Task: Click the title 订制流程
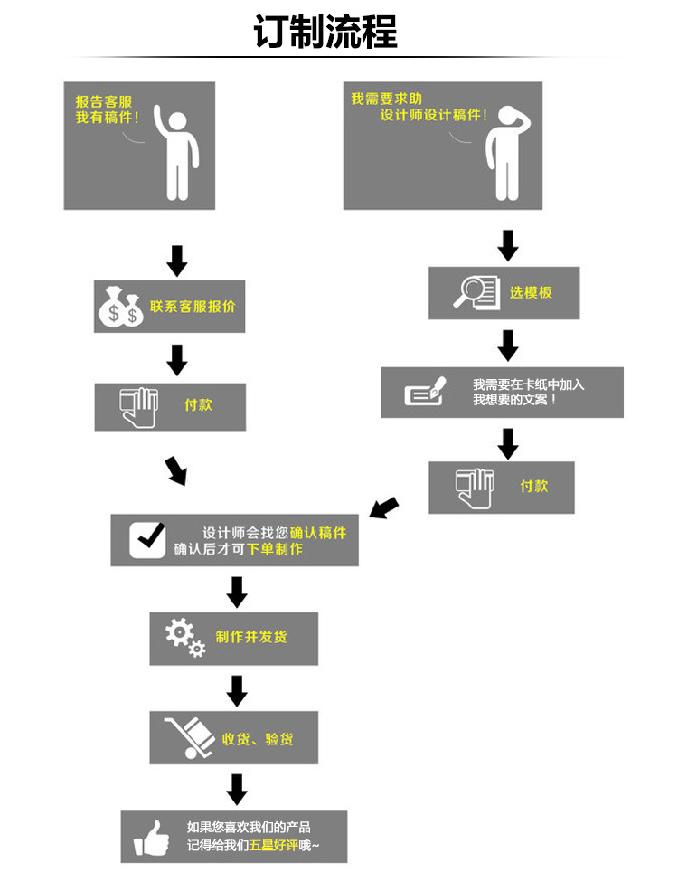click(325, 32)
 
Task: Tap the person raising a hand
click(175, 149)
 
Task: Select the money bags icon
click(120, 307)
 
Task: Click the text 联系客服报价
click(193, 307)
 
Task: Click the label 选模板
click(531, 292)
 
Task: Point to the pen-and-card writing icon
click(426, 392)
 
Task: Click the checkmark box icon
click(147, 540)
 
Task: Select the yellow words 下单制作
click(275, 549)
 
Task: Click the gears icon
click(184, 637)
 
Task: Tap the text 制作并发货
click(251, 637)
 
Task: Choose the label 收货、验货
click(258, 739)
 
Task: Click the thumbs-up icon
click(151, 837)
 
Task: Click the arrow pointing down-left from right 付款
click(385, 507)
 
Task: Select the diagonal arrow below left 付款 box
click(175, 470)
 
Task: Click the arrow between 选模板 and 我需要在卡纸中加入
click(508, 345)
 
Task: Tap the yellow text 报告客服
click(102, 101)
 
